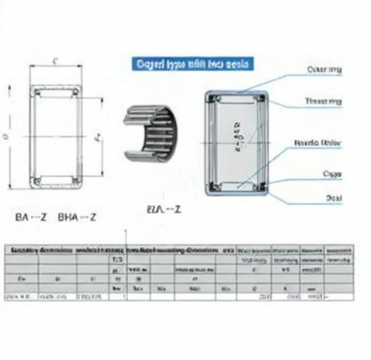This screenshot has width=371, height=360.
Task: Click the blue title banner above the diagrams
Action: (x=192, y=64)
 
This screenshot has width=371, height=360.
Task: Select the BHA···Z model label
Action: (x=77, y=217)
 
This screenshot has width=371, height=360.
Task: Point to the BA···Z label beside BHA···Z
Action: (x=31, y=217)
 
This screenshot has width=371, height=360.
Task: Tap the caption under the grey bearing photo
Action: (x=163, y=210)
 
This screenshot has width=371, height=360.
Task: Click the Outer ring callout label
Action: (x=324, y=70)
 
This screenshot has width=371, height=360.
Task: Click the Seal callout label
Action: (x=334, y=198)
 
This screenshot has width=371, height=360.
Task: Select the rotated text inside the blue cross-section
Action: (x=237, y=136)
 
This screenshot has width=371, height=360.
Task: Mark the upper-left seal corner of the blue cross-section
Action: (x=213, y=98)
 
